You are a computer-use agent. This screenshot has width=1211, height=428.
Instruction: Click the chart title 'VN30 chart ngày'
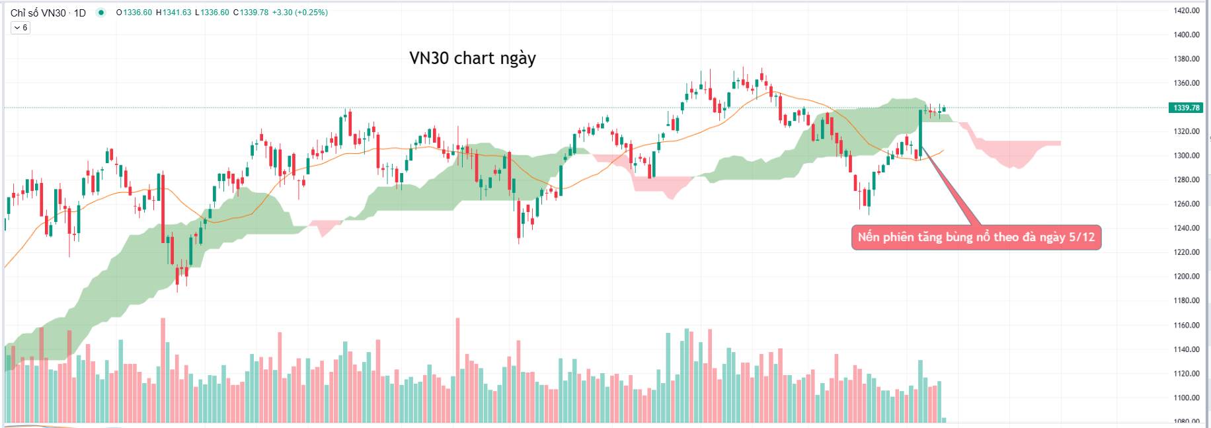(472, 58)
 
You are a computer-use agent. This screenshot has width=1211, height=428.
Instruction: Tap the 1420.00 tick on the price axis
(1187, 11)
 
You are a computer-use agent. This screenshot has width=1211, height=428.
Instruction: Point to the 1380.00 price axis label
(1187, 59)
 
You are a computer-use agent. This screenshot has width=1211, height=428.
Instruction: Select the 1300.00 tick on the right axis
(1187, 156)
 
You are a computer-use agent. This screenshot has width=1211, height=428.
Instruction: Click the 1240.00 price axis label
(1187, 229)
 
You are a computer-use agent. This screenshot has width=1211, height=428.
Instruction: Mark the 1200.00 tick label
(1187, 277)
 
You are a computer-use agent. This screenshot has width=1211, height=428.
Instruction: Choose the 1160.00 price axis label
(1187, 326)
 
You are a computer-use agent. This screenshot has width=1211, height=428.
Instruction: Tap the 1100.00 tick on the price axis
(1187, 398)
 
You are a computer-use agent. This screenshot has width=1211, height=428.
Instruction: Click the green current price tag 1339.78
(1186, 108)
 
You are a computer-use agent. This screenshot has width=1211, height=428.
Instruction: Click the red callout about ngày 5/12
(976, 237)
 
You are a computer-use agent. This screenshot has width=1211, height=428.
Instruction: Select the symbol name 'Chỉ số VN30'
(38, 13)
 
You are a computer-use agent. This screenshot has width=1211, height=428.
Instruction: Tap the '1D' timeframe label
(79, 13)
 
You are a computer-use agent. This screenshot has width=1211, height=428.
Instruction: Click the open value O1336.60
(134, 13)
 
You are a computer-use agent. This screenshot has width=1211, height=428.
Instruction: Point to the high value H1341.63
(174, 13)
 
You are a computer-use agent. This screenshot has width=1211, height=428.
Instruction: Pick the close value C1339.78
(251, 13)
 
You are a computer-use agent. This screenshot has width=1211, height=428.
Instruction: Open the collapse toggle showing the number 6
(20, 28)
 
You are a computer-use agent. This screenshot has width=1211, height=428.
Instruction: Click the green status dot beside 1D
(100, 13)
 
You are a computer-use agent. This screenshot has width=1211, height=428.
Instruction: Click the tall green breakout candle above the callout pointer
(920, 129)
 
